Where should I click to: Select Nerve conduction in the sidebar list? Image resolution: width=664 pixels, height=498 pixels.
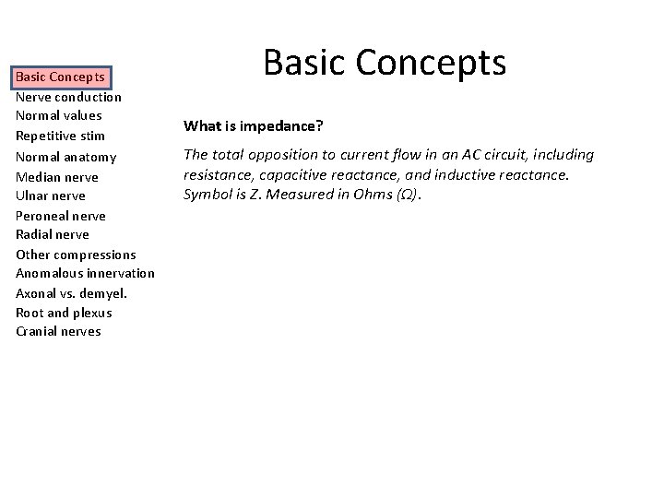pos(68,97)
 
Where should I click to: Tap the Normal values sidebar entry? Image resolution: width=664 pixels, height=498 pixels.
pos(58,116)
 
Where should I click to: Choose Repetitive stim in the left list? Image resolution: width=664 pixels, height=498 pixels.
pos(60,136)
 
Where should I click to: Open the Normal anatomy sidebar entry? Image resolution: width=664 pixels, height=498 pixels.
pos(65,157)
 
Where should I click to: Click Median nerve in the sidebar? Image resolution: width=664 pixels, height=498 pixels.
pos(56,177)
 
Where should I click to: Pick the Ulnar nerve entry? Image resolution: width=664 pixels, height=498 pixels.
pos(50,196)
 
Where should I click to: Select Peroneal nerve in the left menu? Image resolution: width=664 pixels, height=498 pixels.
pos(60,216)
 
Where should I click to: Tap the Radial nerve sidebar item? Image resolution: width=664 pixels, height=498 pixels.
pos(53,234)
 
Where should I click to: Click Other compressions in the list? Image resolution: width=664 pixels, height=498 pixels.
pos(76,255)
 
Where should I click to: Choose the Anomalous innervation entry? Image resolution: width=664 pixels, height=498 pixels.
pos(85,274)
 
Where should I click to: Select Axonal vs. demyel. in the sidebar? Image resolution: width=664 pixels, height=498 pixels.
pos(71,293)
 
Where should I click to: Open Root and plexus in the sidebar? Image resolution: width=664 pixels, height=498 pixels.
pos(64,313)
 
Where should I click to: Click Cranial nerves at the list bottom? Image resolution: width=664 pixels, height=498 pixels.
pos(58,331)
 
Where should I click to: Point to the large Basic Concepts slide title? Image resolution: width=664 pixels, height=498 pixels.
pos(385,63)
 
